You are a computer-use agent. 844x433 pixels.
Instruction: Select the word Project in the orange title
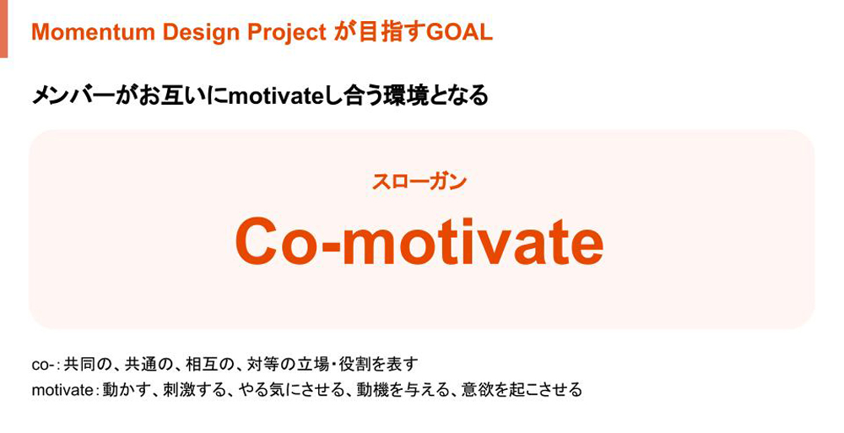(x=287, y=34)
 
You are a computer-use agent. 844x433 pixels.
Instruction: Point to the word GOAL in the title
(x=459, y=33)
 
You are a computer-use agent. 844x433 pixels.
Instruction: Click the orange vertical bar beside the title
(x=3, y=29)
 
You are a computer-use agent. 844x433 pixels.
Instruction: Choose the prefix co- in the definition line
(x=43, y=365)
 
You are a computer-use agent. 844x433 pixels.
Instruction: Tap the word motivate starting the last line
(x=62, y=389)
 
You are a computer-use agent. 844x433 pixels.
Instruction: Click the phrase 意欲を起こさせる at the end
(x=522, y=389)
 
